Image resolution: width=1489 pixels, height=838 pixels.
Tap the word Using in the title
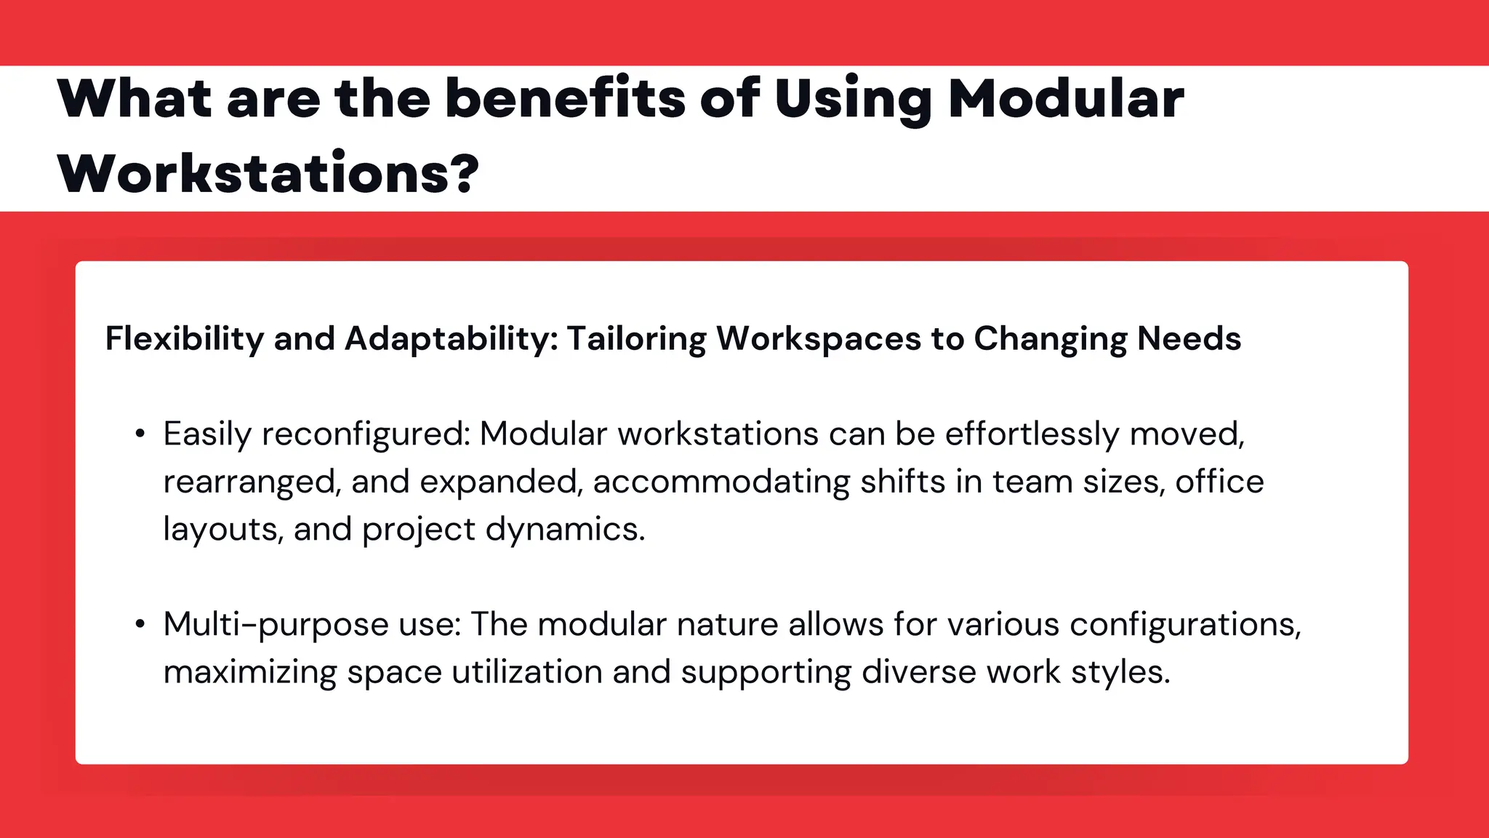pos(853,100)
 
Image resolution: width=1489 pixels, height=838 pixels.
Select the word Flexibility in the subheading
pos(185,339)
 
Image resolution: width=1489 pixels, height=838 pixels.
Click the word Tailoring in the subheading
pos(636,339)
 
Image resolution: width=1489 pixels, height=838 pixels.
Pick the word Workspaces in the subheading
pos(819,339)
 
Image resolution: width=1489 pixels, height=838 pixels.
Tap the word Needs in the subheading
pos(1189,338)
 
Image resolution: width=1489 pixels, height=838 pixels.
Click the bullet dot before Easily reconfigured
pos(140,434)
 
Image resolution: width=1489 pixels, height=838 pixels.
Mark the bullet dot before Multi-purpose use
pos(140,624)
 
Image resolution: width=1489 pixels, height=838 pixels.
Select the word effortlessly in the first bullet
pos(1032,434)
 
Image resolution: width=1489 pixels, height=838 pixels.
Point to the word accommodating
pos(721,482)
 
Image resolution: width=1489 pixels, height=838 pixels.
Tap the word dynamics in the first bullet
pos(564,530)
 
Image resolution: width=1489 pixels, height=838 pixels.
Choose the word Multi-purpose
pos(276,625)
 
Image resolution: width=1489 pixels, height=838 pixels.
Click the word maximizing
pos(249,672)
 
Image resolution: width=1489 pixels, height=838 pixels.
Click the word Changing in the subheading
pos(1050,339)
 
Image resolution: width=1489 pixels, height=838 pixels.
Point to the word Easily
pos(206,435)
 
